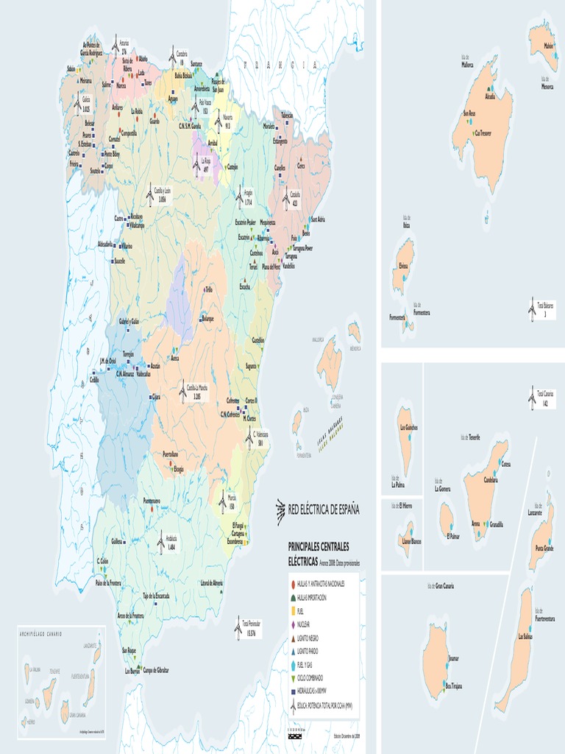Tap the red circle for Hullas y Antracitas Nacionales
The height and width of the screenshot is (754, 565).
(293, 583)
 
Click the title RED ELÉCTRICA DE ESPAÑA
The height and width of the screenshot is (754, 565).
(323, 509)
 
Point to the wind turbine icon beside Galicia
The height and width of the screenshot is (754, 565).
(77, 104)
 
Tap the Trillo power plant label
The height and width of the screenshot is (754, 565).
(208, 289)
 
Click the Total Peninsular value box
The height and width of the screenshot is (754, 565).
(252, 628)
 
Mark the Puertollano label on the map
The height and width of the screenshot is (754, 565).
(170, 454)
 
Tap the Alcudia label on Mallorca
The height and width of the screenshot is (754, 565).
(490, 96)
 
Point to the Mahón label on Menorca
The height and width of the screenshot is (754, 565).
(548, 46)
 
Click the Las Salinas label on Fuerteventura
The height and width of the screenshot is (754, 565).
(525, 635)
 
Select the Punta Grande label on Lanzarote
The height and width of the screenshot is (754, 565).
(544, 548)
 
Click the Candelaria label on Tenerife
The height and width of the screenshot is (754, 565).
(491, 479)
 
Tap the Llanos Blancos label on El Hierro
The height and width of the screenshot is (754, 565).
(410, 541)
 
